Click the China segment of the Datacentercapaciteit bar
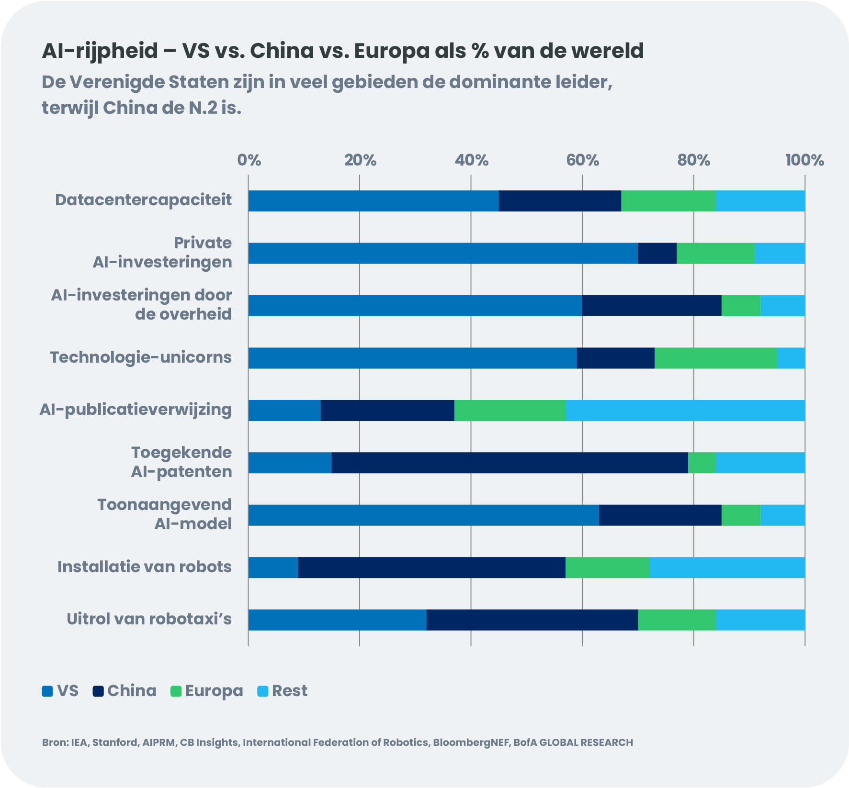(560, 201)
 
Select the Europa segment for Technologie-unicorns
(716, 358)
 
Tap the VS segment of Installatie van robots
(273, 567)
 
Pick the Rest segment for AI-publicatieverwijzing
(685, 411)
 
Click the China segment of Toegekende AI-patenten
(509, 463)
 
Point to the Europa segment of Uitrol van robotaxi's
(677, 620)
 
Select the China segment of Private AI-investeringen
(657, 253)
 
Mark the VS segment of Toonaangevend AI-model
(423, 515)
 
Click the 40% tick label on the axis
(471, 160)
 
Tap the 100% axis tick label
(804, 160)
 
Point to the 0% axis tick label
(249, 160)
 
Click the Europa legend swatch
(176, 691)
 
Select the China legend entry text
(132, 691)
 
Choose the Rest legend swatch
(263, 691)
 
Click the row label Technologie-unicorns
(141, 357)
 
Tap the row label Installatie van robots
(144, 567)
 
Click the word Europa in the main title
(391, 51)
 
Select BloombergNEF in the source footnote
(471, 743)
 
